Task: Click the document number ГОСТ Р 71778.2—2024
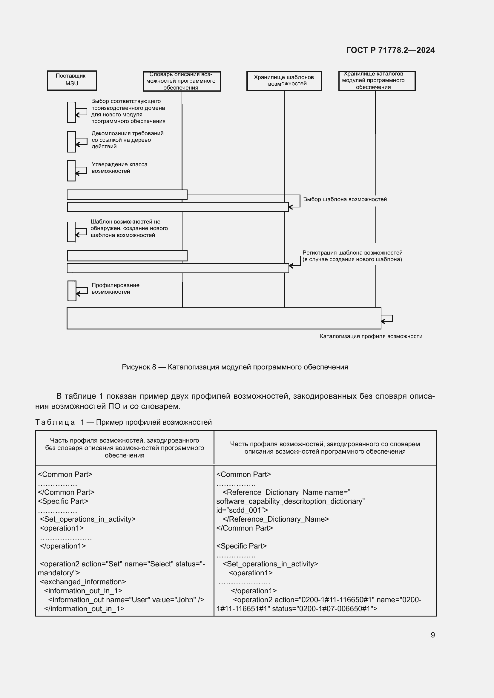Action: point(390,50)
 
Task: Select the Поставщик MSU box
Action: point(72,80)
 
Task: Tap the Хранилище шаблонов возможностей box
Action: point(284,81)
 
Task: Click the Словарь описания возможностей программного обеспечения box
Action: point(182,81)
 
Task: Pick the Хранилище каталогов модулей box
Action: point(377,81)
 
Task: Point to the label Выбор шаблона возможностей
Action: point(345,199)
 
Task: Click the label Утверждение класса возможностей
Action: point(119,167)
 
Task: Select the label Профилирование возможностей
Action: point(115,288)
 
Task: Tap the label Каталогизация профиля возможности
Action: point(371,336)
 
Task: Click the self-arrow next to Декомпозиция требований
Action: point(81,141)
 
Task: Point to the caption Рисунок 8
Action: point(235,367)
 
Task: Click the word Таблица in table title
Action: point(55,422)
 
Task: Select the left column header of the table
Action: point(125,448)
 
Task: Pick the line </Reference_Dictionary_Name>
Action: point(276,519)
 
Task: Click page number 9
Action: point(432,635)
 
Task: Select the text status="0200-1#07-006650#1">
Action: point(325,608)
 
